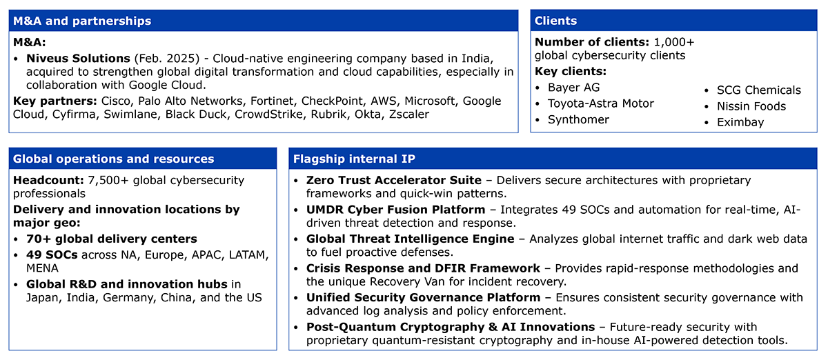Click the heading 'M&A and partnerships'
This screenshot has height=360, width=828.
[82, 21]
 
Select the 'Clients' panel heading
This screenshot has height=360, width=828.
[555, 21]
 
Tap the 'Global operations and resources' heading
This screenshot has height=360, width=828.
[113, 159]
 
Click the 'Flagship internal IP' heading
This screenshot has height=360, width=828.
[354, 159]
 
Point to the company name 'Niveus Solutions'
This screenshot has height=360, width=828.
[78, 59]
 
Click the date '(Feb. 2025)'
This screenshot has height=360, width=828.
[167, 59]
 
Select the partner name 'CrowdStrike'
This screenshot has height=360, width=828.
[268, 114]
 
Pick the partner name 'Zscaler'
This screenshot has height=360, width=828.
[408, 114]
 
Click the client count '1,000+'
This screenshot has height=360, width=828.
[674, 42]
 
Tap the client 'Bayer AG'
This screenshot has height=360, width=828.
[573, 88]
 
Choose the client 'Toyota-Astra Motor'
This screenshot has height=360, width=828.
[601, 103]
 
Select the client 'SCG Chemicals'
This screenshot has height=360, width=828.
[759, 90]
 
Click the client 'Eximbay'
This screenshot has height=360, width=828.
[740, 122]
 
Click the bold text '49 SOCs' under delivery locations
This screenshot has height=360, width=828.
[52, 254]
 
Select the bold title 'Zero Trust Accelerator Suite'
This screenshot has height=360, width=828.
[394, 181]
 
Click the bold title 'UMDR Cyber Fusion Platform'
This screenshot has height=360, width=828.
[395, 210]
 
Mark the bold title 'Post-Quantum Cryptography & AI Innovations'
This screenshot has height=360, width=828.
[451, 327]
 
